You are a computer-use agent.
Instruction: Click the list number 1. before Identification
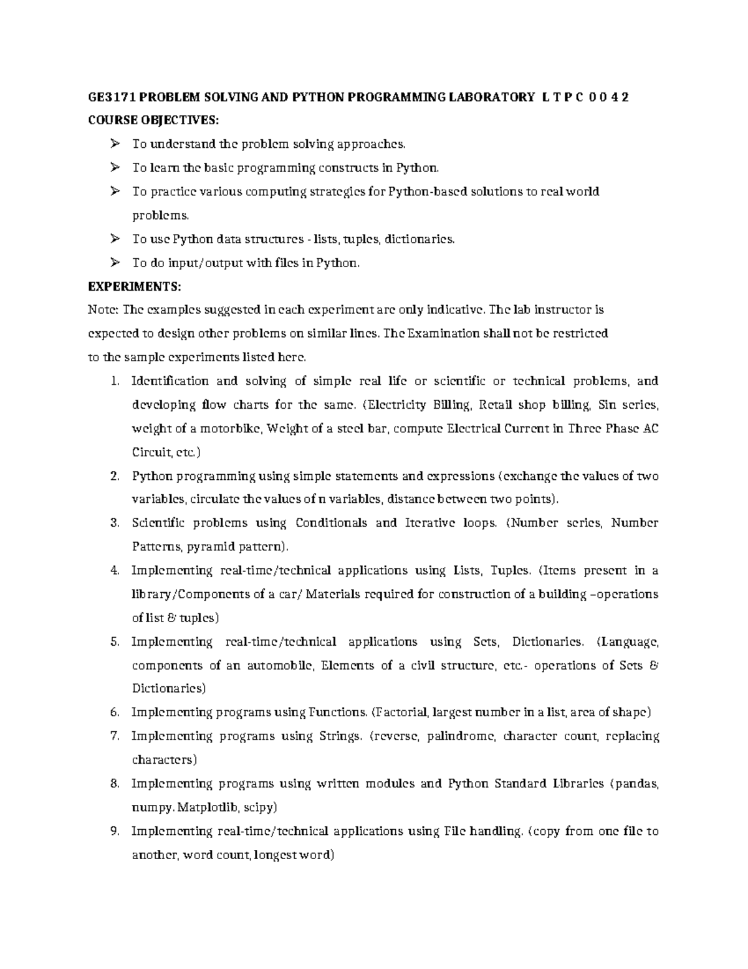[x=114, y=381]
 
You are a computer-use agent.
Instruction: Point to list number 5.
[x=114, y=641]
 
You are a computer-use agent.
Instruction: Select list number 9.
[x=114, y=831]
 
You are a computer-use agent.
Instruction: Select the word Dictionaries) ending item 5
[x=168, y=689]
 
